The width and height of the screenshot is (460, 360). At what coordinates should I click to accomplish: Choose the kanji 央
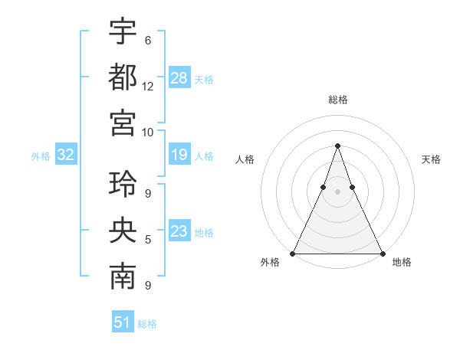(123, 231)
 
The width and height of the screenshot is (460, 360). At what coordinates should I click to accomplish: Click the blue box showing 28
(180, 78)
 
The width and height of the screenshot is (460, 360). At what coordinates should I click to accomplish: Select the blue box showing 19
(179, 155)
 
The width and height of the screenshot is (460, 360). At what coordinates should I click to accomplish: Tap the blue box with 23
(179, 231)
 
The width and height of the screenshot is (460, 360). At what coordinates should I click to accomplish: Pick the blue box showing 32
(66, 155)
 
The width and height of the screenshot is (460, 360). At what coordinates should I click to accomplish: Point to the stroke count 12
(148, 87)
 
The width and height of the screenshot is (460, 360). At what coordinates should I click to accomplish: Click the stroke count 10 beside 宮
(148, 132)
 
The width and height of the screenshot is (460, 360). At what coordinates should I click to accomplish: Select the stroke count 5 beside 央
(148, 241)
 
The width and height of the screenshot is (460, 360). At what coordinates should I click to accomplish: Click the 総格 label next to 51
(147, 324)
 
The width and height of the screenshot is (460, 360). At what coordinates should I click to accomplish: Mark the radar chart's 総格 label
(338, 100)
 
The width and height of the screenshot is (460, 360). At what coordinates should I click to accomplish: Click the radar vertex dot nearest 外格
(294, 253)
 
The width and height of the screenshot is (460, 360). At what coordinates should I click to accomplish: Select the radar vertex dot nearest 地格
(382, 253)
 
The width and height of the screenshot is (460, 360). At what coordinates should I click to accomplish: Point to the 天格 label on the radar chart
(431, 159)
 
